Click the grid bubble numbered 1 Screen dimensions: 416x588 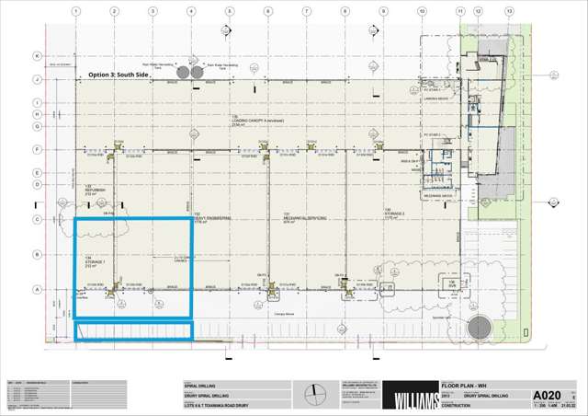pos(75,11)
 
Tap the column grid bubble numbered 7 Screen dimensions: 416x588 pos(306,11)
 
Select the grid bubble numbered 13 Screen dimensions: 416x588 pos(510,11)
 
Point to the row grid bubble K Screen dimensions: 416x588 pos(37,56)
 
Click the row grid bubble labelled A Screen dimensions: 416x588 pos(37,289)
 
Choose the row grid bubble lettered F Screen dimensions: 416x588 pos(37,148)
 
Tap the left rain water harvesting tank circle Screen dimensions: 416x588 pos(183,71)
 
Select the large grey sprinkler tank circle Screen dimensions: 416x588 pos(479,327)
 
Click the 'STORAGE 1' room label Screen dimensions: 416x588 pos(96,260)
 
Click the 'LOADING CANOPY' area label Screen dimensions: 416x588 pos(250,120)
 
